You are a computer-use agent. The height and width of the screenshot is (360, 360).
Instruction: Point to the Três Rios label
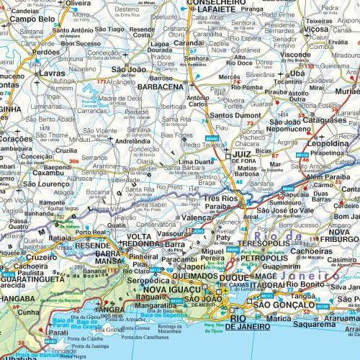click(220, 199)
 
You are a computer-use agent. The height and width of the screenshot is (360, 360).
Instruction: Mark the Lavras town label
click(33, 74)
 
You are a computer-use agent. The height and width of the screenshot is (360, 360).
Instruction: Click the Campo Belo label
click(33, 19)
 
